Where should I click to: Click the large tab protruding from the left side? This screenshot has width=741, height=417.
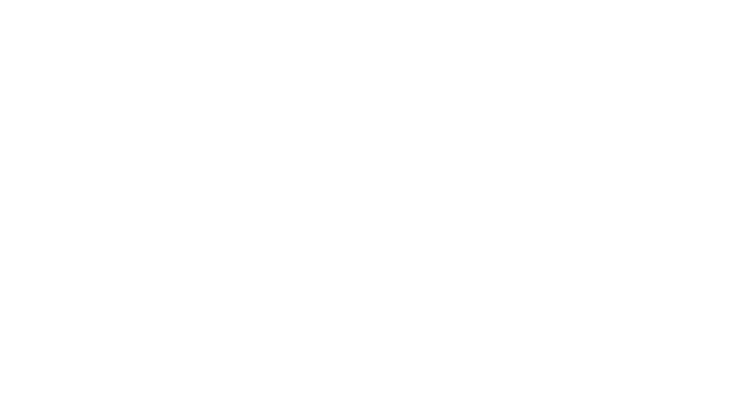(x=155, y=229)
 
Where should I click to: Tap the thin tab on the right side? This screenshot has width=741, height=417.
(x=587, y=230)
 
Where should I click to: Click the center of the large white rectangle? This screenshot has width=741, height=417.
(x=371, y=229)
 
